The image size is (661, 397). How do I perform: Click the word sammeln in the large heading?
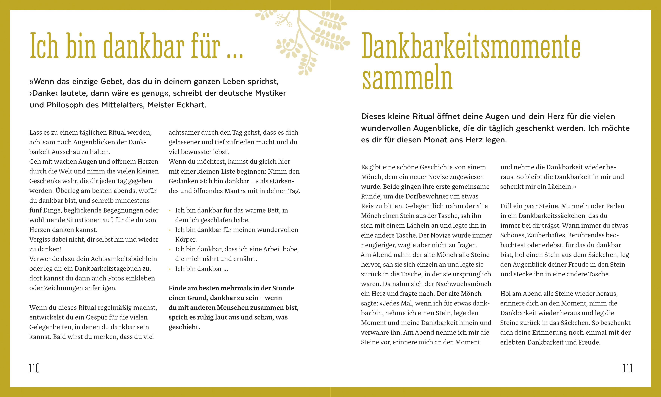tap(407, 77)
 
